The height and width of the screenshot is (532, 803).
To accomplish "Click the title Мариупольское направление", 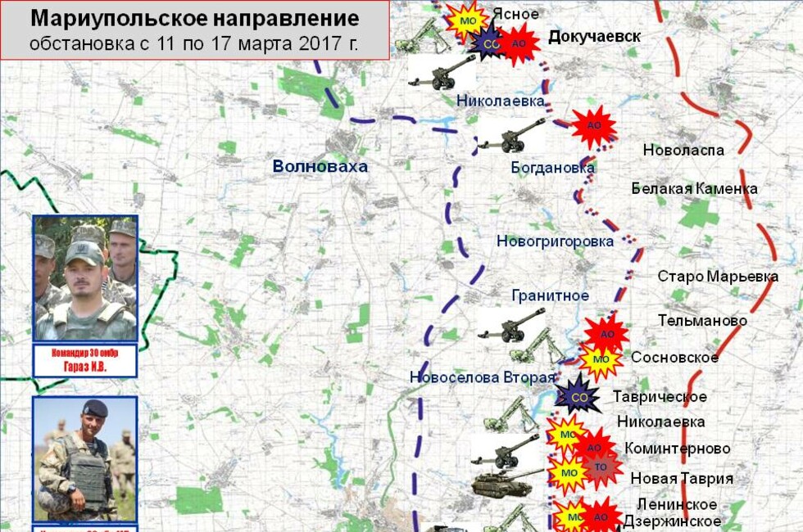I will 194,18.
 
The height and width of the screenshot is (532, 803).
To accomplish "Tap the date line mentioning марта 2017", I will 194,43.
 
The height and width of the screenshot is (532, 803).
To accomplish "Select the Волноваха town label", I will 320,167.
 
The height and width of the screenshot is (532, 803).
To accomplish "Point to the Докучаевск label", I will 594,37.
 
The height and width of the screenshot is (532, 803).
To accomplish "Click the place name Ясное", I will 515,14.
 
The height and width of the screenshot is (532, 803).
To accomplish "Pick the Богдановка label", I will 552,168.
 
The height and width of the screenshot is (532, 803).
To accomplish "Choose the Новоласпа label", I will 683,151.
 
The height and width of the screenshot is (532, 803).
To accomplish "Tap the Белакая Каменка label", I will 694,189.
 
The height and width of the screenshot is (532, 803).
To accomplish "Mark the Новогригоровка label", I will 555,241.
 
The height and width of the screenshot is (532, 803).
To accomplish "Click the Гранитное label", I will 550,295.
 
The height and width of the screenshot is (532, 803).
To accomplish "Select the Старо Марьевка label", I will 718,277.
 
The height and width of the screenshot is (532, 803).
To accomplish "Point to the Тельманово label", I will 702,321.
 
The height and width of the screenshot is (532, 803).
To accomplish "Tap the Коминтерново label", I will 678,449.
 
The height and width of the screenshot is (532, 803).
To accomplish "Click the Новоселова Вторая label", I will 483,377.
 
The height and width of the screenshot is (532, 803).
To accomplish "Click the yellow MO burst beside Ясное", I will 469,20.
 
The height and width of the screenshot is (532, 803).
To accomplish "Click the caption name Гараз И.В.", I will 85,367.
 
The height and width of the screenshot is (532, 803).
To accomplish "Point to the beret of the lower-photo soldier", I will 95,408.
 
